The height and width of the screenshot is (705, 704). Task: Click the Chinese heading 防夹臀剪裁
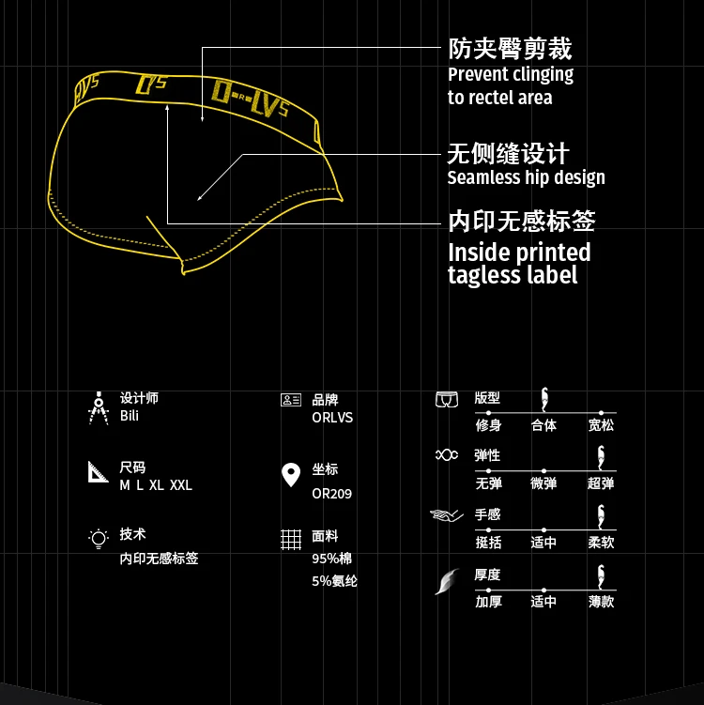[x=510, y=49]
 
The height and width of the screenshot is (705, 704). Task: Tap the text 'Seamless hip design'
[x=526, y=177]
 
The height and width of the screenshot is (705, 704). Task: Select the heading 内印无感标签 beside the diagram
[x=521, y=221]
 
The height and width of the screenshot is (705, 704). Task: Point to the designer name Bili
[x=130, y=416]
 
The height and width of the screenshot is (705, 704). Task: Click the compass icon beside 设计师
[x=99, y=407]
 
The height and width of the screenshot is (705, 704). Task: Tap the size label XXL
[x=181, y=485]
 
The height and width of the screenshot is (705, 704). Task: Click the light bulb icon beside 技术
[x=99, y=538]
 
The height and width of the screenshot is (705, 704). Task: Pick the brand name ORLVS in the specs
[x=332, y=418]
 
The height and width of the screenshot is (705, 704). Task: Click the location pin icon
[x=291, y=475]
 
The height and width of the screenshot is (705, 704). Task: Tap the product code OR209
[x=332, y=494]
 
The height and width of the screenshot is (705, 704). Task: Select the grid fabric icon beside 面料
[x=291, y=540]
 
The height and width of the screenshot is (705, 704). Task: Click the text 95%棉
[x=331, y=559]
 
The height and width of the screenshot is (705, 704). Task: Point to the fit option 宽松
[x=601, y=425]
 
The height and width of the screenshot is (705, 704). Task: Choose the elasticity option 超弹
[x=601, y=483]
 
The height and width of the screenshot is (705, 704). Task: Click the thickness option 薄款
[x=601, y=601]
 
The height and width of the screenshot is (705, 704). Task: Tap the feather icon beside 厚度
[x=445, y=582]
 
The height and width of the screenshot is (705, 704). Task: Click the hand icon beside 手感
[x=446, y=515]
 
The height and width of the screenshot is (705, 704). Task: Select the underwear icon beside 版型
[x=446, y=399]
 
